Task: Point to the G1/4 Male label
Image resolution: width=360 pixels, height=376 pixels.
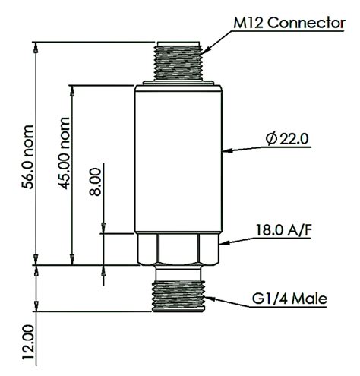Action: click(x=288, y=299)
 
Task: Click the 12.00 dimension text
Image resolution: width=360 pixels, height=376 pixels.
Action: click(x=28, y=343)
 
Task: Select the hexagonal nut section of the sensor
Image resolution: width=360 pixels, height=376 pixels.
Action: click(x=179, y=248)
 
